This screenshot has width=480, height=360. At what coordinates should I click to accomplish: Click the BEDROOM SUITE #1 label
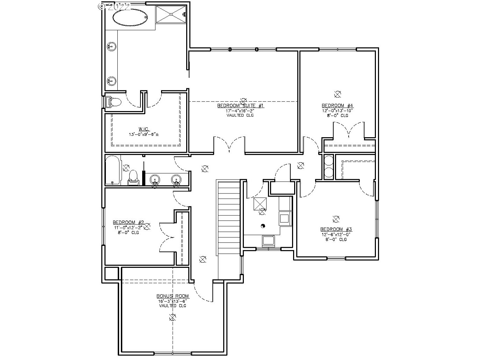pyautogui.click(x=240, y=105)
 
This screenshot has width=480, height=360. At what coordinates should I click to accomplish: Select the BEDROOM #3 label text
pyautogui.click(x=336, y=229)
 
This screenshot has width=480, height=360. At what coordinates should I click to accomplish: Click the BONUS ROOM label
pyautogui.click(x=173, y=296)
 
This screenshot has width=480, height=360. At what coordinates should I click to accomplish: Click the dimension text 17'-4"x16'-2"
pyautogui.click(x=240, y=111)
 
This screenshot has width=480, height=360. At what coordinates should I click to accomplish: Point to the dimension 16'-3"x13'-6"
pyautogui.click(x=173, y=301)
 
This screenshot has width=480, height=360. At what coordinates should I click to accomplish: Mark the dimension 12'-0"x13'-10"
pyautogui.click(x=337, y=110)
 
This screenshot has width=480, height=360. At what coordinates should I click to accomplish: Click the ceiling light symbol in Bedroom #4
pyautogui.click(x=337, y=94)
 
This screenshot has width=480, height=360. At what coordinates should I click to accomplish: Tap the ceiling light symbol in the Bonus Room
pyautogui.click(x=172, y=317)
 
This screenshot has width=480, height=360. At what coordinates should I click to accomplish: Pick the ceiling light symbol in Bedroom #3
pyautogui.click(x=336, y=219)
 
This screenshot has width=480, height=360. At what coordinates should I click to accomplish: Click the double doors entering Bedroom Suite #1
pyautogui.click(x=229, y=145)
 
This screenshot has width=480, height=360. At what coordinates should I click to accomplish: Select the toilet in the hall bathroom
pyautogui.click(x=133, y=176)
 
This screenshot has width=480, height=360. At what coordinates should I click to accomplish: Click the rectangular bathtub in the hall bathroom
pyautogui.click(x=113, y=171)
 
